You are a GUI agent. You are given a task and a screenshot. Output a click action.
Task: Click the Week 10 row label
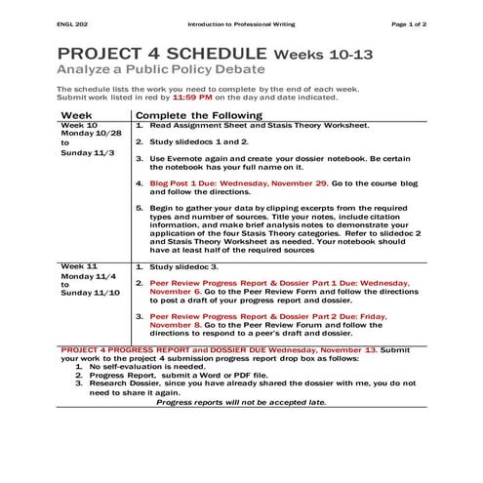79,126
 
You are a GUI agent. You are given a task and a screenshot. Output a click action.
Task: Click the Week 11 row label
79,265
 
